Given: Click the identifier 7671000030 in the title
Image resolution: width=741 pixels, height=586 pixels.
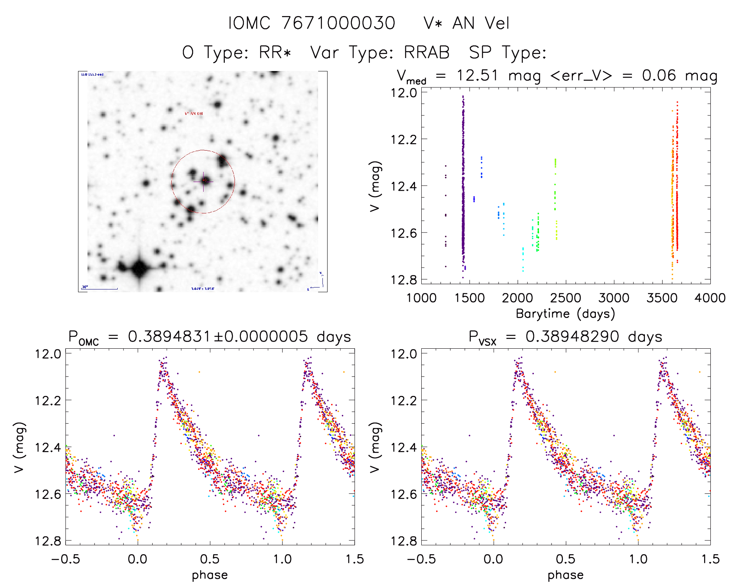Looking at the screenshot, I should point(338,23).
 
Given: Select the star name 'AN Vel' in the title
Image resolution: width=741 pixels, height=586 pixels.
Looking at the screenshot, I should point(481,23).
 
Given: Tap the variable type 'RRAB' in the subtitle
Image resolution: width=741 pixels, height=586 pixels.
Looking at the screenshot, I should point(426,53).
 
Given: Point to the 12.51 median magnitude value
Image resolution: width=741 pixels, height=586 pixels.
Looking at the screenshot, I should point(477,75).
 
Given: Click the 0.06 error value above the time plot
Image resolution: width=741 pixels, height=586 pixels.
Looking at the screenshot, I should point(659,75).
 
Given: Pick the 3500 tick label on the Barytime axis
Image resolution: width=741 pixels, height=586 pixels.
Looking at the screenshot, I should point(662,298).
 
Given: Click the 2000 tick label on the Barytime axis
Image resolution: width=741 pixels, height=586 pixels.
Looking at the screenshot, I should point(517,298).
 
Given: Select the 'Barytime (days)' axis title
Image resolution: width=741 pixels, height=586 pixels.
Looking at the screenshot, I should point(565,314).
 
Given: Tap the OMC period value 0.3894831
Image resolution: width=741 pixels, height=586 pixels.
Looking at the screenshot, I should point(169,337).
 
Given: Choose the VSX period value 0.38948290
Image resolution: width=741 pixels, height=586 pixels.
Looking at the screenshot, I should point(572,337).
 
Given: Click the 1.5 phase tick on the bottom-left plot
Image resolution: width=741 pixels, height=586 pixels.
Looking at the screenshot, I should point(355,559).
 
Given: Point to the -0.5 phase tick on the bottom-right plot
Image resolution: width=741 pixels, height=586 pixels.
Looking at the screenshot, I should point(421,559).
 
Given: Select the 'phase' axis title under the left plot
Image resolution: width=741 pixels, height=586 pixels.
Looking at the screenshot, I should point(210,575).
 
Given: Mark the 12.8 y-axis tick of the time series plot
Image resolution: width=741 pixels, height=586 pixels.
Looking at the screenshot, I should point(404,280).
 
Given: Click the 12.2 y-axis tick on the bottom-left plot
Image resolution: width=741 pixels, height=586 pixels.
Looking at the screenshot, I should point(48,400).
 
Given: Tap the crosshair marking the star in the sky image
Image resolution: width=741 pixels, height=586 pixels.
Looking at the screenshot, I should point(204,181).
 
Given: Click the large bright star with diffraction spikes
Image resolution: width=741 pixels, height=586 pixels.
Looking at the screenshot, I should point(139,269).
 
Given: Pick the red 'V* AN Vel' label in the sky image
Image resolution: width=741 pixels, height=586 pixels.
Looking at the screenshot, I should point(194,114).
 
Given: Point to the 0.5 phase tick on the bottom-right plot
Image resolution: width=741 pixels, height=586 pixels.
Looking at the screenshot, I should point(566,559).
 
